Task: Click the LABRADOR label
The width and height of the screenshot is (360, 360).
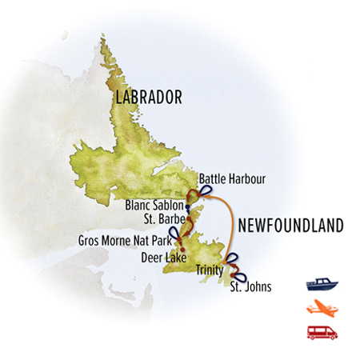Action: (149, 98)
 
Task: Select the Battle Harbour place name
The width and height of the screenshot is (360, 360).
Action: (231, 180)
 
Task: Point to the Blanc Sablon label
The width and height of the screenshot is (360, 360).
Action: (154, 205)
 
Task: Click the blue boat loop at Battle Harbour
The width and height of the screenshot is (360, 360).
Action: (206, 190)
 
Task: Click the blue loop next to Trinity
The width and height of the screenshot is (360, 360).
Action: (231, 258)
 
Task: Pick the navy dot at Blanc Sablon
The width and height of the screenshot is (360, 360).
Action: (186, 206)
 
